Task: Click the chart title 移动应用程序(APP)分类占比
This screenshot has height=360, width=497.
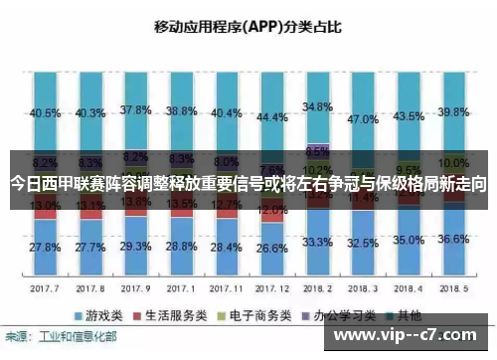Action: pyautogui.click(x=248, y=27)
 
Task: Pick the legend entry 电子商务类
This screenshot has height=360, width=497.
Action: pyautogui.click(x=251, y=314)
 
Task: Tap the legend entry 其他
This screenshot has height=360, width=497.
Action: pyautogui.click(x=397, y=314)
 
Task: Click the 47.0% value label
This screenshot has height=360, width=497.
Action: pyautogui.click(x=363, y=118)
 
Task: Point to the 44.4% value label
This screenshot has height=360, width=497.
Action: pyautogui.click(x=271, y=116)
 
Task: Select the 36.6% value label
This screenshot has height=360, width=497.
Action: pyautogui.click(x=452, y=239)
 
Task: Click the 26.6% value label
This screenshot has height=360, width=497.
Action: pyautogui.click(x=271, y=248)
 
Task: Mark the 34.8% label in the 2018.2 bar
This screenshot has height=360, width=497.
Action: pyautogui.click(x=316, y=105)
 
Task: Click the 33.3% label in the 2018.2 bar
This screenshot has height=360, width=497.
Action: pyautogui.click(x=316, y=242)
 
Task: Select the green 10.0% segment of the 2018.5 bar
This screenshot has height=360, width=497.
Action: pyautogui.click(x=453, y=163)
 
